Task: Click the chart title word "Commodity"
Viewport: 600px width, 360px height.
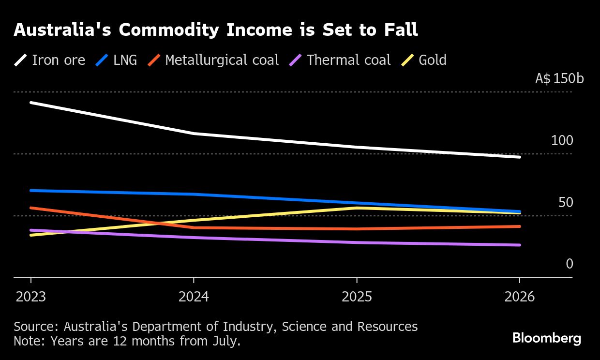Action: pos(165,30)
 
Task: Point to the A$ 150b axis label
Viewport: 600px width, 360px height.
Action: pos(559,79)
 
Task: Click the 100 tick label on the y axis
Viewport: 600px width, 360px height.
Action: pos(562,141)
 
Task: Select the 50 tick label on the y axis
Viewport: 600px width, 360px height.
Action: pos(565,203)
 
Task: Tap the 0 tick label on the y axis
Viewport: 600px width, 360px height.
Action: pos(570,264)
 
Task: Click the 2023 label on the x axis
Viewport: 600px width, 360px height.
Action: pos(31,297)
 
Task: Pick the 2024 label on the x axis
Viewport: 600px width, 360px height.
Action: pos(194,297)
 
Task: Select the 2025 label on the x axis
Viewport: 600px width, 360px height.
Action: pos(357,297)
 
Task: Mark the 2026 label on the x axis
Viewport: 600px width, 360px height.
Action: pos(520,297)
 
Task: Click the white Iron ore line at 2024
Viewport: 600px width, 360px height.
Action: pos(194,133)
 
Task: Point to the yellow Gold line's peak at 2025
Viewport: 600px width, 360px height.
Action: pos(357,208)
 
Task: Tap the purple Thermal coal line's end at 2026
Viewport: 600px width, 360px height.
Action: pos(520,245)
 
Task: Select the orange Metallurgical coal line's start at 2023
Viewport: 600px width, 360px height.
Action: pos(31,208)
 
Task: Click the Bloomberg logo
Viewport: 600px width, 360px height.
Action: pos(547,338)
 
